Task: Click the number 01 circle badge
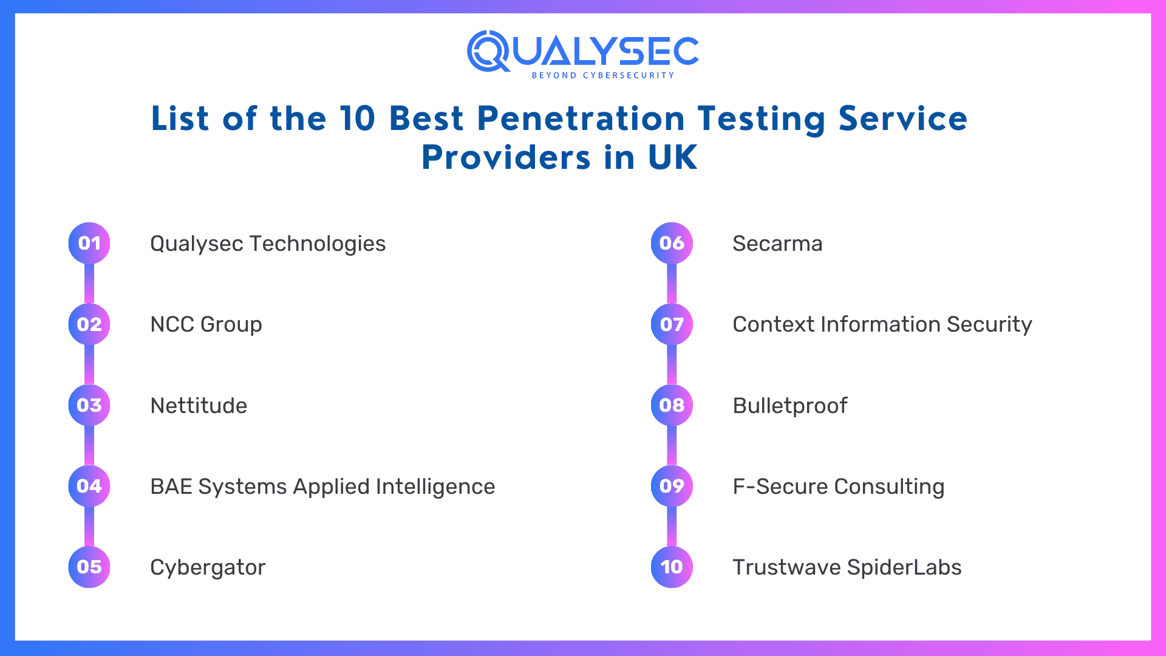pos(89,243)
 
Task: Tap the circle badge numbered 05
pos(89,567)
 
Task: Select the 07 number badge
pos(672,324)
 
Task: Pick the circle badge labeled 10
pos(672,567)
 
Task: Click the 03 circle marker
pos(89,405)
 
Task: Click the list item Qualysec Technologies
pos(267,244)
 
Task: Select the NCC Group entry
pos(206,324)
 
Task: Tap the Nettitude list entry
pos(199,406)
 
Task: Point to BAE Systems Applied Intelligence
pos(322,487)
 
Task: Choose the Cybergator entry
pos(208,567)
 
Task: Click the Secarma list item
pos(777,244)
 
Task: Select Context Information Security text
pos(882,324)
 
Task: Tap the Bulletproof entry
pos(789,406)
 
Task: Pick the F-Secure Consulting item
pos(838,487)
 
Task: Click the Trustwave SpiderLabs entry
pos(847,567)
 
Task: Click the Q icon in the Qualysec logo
pos(488,51)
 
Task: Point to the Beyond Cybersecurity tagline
pos(602,75)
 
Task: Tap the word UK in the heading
pos(672,157)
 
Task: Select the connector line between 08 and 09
pos(672,445)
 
